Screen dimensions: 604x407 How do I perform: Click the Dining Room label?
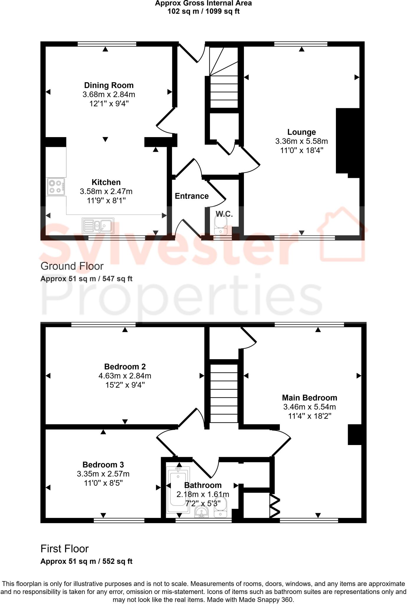pos(109,86)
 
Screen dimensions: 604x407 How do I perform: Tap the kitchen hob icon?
pos(56,187)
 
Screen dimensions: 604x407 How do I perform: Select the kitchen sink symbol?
pos(98,226)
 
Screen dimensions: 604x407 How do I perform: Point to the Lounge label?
pos(301,132)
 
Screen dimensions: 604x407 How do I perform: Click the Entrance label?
pos(192,196)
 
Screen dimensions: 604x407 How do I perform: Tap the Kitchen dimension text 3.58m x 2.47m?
pos(106,191)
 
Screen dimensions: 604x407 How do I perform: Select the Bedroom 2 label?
pos(125,367)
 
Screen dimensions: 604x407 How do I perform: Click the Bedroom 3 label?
pos(103,465)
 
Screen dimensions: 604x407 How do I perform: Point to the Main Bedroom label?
pos(309,398)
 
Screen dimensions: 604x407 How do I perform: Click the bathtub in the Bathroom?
pos(178,490)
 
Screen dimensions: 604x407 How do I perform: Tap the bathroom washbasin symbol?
pos(202,512)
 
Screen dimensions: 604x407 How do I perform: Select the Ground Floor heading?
pos(72,266)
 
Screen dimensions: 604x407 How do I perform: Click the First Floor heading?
pos(64,549)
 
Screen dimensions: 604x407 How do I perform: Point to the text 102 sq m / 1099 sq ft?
pos(203,12)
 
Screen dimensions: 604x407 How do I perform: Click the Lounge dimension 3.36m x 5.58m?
pos(301,141)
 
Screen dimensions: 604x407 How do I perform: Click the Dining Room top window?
pos(107,44)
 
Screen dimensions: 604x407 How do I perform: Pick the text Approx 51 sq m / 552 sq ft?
pos(86,561)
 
